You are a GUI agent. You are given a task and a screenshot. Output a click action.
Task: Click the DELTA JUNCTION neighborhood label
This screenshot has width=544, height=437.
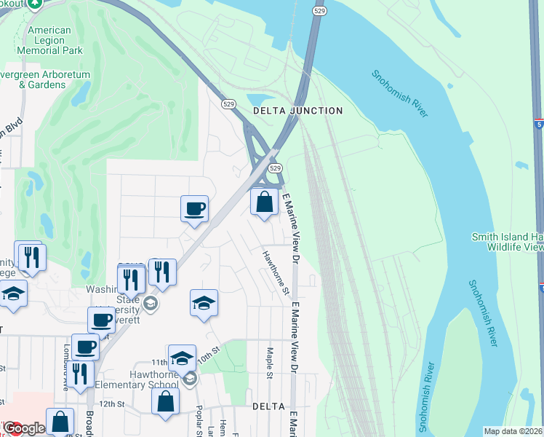coord(297,111)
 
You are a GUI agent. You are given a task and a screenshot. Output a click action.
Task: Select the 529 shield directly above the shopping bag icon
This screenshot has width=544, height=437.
coord(275,168)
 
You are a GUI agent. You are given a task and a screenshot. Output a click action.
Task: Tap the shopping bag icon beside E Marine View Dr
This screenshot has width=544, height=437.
coord(265,202)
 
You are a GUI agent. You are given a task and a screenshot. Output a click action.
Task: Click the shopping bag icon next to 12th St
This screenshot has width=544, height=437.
coord(166,401)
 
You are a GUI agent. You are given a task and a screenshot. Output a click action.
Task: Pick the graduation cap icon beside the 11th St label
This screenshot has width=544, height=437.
coord(182,358)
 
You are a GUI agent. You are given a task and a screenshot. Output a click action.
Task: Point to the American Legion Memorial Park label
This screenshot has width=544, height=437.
coord(49,41)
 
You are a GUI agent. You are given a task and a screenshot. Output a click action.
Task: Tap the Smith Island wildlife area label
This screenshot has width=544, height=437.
coord(507,242)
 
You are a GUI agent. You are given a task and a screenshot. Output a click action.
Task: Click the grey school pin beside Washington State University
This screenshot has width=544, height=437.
coord(151,303)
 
